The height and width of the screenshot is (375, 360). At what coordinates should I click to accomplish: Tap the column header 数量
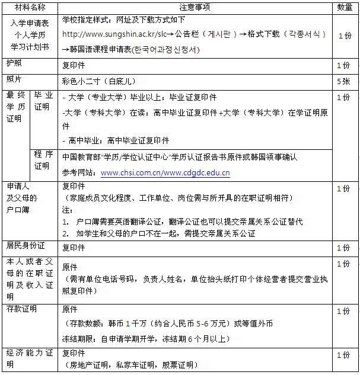[345, 7]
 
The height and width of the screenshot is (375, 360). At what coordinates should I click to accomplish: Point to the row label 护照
[13, 63]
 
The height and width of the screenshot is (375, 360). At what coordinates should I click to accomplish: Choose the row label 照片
[13, 79]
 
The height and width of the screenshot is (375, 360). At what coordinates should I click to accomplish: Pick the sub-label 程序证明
[43, 160]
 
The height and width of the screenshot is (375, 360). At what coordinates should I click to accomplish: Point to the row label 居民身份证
[26, 245]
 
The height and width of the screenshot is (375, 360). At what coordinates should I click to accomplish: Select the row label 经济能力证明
[30, 354]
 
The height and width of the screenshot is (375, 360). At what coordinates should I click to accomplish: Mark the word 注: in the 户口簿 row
[66, 210]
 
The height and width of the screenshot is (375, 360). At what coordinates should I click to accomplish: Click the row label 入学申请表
[30, 23]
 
